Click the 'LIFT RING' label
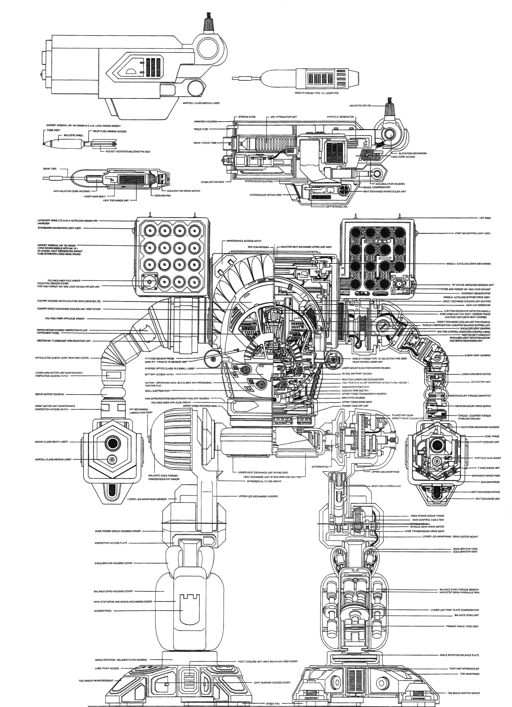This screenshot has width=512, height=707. click(485, 218)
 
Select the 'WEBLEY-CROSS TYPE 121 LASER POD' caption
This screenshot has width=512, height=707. click(316, 93)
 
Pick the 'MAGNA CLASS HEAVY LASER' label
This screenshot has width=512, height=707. click(51, 442)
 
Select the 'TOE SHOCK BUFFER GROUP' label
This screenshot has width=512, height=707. click(463, 693)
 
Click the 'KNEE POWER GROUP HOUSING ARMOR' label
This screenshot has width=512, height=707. click(118, 531)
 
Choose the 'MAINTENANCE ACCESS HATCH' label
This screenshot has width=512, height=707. click(244, 241)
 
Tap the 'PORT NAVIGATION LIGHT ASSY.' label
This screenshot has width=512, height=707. click(473, 233)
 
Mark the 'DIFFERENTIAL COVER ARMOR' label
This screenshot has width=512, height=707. click(264, 481)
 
